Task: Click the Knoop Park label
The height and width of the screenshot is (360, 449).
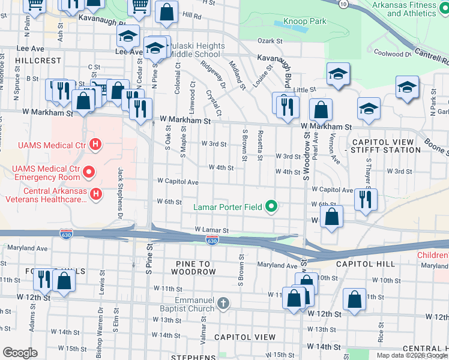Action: click(x=305, y=22)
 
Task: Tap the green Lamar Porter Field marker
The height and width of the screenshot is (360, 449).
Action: click(x=271, y=207)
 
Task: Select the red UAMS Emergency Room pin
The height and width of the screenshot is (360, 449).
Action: click(x=89, y=172)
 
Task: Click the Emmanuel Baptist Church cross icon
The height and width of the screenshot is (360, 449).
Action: click(x=223, y=303)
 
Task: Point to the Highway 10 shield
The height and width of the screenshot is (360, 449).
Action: click(x=342, y=4)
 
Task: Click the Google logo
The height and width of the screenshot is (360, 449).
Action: click(x=20, y=352)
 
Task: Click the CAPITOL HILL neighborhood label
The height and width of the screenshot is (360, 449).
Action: click(x=365, y=264)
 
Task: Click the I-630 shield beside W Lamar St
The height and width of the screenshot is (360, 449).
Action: click(x=211, y=241)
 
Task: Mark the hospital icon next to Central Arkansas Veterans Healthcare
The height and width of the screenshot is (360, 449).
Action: click(x=95, y=194)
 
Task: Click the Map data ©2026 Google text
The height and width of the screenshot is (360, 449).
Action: click(x=411, y=355)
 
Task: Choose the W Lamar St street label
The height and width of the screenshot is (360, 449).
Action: click(x=211, y=230)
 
